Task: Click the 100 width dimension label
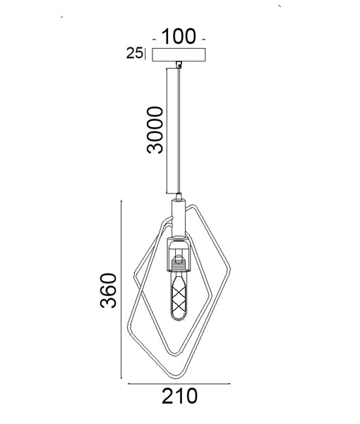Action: pos(179,36)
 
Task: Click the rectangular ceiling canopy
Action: pos(179,54)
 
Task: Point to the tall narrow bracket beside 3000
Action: pos(172,131)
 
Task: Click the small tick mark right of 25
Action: pos(145,54)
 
